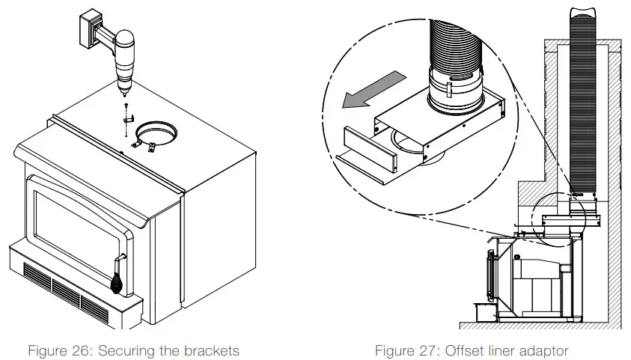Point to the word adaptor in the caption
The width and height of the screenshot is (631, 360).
543,350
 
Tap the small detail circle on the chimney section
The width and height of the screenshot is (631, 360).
557,218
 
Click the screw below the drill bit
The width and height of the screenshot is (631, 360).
126,106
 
